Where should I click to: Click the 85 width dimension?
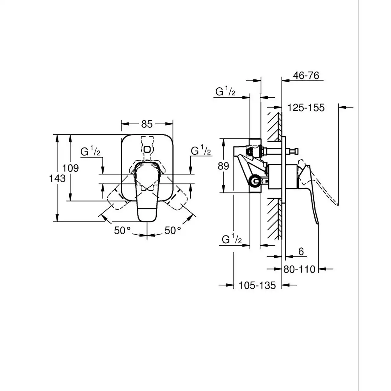(147, 124)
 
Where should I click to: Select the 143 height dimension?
(57, 178)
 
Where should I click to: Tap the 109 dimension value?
(70, 168)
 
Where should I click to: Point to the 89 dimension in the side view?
(223, 166)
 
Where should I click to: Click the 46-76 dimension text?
(306, 75)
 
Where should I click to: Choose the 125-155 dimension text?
(306, 108)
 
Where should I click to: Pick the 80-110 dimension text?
(299, 269)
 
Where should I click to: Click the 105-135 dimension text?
(257, 285)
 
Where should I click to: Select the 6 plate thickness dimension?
(301, 252)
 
